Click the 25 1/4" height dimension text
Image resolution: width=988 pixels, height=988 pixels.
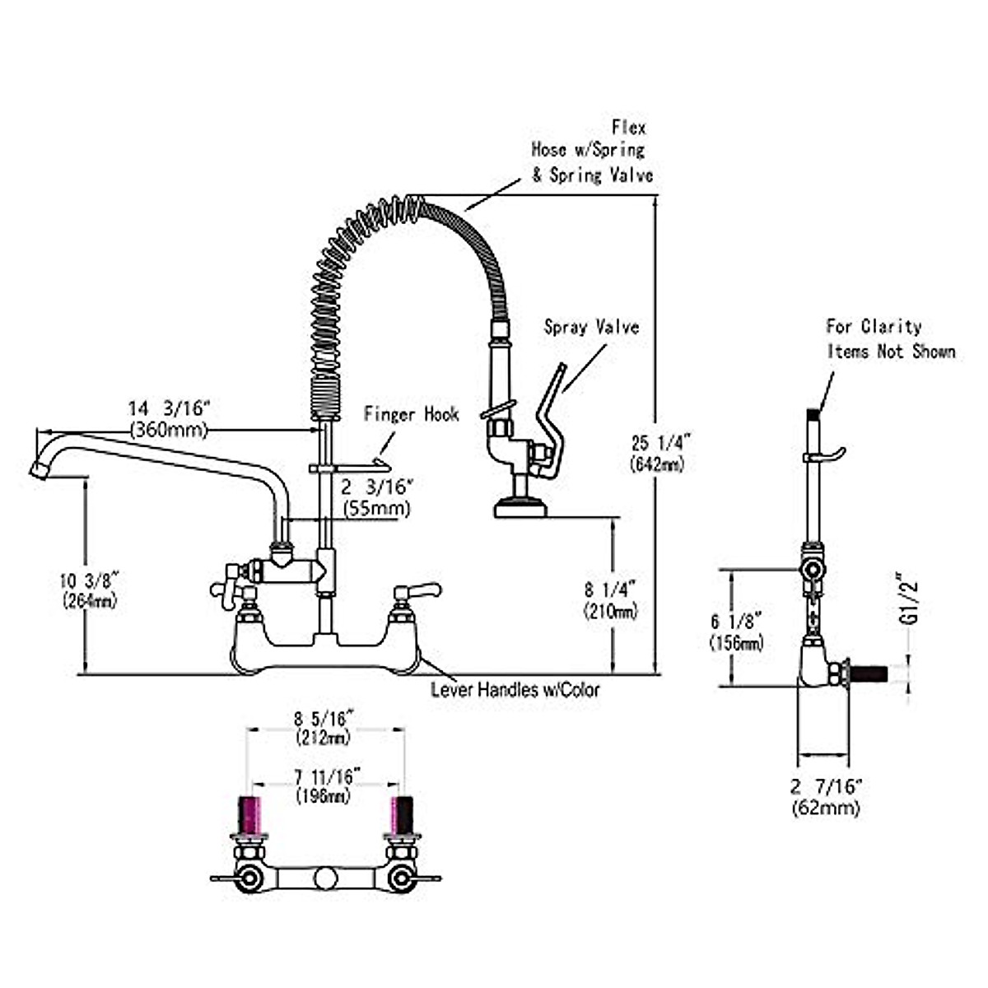point(656,452)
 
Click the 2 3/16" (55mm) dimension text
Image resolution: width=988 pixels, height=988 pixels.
point(376,497)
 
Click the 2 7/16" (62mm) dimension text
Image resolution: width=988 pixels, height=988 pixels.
point(826,797)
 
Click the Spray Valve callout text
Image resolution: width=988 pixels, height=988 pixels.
point(591,327)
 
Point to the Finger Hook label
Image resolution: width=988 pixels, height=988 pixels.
point(411,414)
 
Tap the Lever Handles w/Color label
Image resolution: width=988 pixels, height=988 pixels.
point(515,689)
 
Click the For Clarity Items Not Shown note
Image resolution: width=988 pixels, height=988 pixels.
point(889,339)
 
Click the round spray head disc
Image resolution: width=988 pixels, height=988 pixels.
point(520,508)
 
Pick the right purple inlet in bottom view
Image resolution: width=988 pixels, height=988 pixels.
point(402,813)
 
